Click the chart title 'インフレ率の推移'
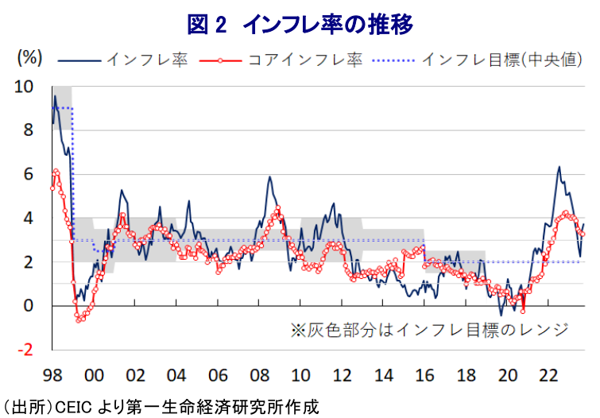[x=327, y=25]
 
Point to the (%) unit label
[x=29, y=57]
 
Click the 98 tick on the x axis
[x=52, y=373]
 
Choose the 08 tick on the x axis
[x=259, y=373]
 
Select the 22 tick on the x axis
[x=548, y=373]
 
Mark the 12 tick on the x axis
[x=342, y=373]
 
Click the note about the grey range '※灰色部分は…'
[x=429, y=329]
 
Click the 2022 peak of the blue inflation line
[x=559, y=167]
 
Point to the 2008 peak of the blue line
[x=269, y=176]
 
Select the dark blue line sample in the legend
[x=79, y=60]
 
